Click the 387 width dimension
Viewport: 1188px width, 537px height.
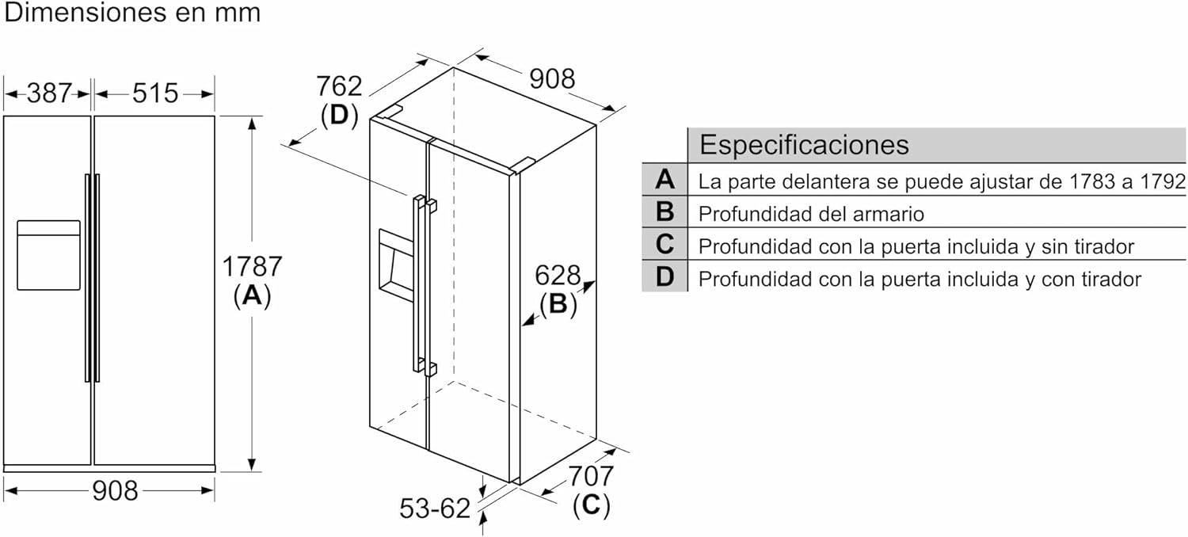49,93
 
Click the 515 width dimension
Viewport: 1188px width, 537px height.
155,93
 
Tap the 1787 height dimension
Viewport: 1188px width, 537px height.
251,266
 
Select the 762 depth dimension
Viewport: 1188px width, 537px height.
339,86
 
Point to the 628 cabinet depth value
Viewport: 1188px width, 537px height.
558,276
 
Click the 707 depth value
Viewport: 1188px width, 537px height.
591,476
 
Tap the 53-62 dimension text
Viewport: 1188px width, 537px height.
435,508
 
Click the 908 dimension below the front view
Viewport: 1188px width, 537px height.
115,491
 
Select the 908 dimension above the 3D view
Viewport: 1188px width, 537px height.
552,79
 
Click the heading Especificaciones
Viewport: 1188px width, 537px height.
804,144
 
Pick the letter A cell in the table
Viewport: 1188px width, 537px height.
664,179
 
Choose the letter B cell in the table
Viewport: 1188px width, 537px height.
664,211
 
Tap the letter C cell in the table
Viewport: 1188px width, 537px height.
664,244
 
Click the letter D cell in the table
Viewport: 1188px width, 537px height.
664,276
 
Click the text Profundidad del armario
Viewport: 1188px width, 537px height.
811,214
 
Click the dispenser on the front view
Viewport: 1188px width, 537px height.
48,255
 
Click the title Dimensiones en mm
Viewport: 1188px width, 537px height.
132,13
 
